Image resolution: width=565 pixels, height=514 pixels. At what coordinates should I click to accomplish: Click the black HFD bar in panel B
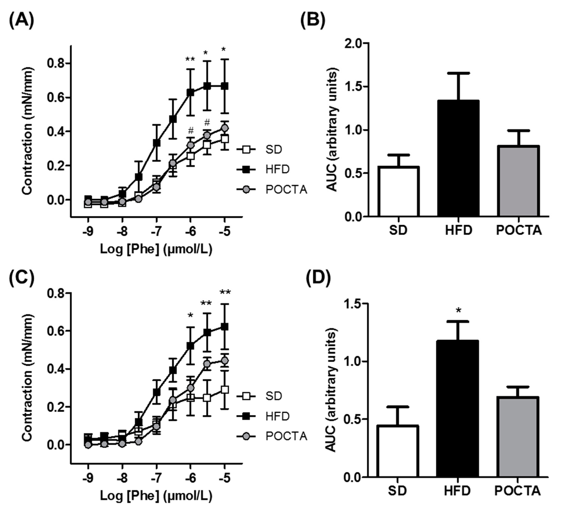tap(458, 158)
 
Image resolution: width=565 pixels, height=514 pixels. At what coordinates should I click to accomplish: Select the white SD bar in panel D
tap(398, 451)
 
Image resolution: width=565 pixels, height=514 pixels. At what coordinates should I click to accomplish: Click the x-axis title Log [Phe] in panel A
tap(156, 249)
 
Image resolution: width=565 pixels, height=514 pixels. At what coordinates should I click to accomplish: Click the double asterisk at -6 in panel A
tap(190, 59)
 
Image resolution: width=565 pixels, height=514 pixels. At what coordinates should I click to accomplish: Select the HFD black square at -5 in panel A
tap(224, 86)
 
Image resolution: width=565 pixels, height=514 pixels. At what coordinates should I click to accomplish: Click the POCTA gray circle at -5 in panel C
tap(224, 360)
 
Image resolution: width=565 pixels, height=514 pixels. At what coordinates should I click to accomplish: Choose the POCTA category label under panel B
tap(519, 230)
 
